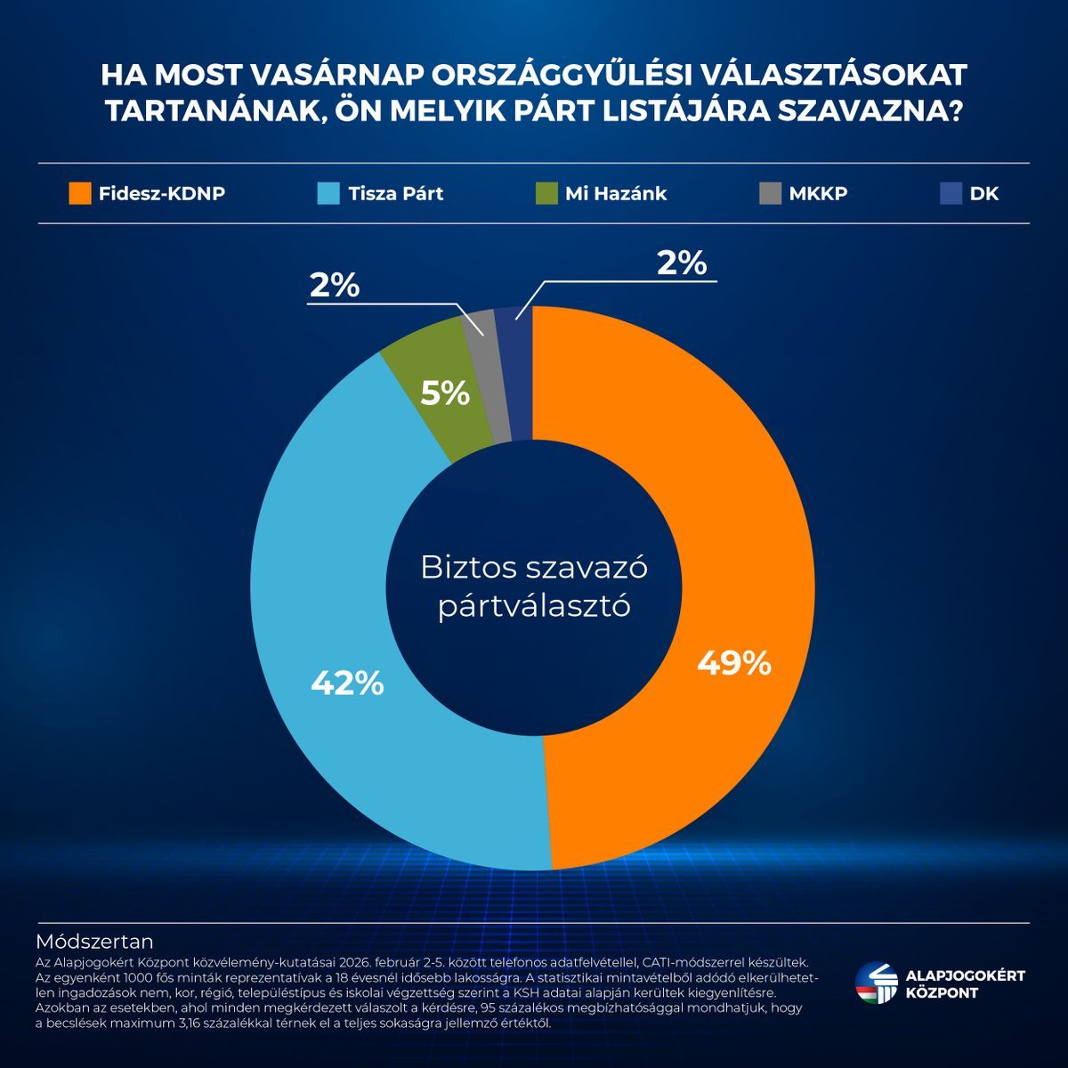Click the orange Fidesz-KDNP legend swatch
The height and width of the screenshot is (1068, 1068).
click(80, 193)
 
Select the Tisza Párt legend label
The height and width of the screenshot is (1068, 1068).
click(395, 193)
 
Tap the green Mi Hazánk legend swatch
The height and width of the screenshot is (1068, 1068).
click(547, 193)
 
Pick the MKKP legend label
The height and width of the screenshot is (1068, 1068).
click(818, 193)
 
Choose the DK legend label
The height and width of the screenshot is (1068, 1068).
click(984, 193)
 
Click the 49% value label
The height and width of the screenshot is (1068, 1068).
click(733, 663)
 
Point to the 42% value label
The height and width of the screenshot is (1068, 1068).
click(347, 683)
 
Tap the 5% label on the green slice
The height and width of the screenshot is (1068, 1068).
click(445, 392)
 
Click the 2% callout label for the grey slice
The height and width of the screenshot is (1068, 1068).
click(335, 286)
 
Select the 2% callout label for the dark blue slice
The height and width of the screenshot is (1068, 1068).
click(681, 263)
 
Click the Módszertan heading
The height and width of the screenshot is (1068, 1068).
click(94, 942)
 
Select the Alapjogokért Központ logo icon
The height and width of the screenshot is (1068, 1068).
click(875, 984)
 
